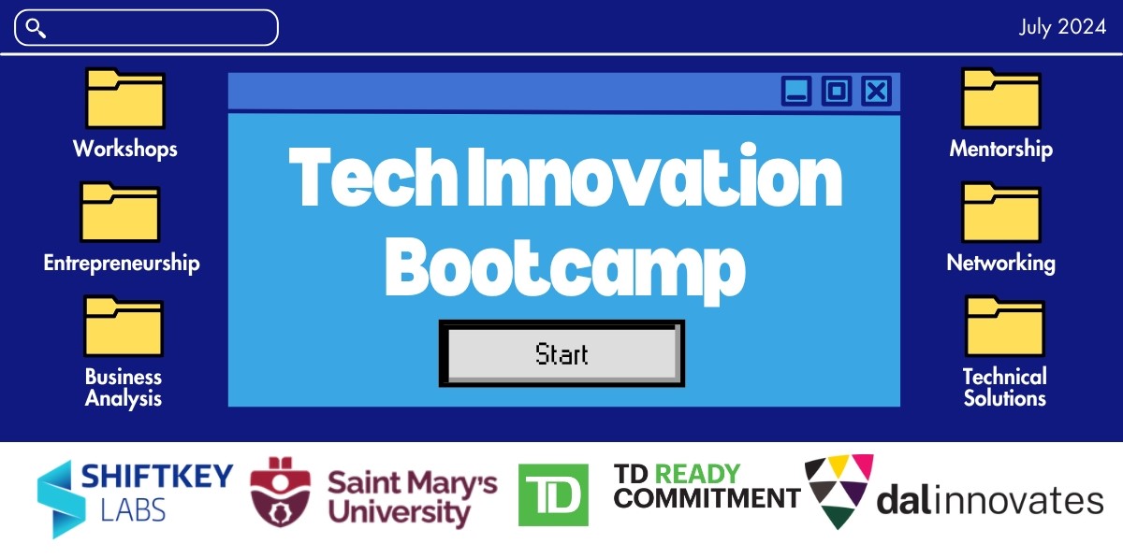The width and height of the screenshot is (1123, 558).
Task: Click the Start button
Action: click(x=561, y=354)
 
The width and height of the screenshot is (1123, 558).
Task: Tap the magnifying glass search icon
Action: click(x=36, y=28)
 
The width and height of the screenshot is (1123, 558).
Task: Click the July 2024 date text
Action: click(x=1062, y=28)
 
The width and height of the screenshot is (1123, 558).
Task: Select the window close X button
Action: click(x=876, y=91)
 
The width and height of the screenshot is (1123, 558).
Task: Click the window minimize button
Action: click(x=796, y=91)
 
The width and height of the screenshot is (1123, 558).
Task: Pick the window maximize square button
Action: click(x=837, y=91)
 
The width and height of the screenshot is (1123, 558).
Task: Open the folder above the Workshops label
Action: click(x=125, y=99)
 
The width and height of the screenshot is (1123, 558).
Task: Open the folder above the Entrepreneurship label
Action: click(x=121, y=212)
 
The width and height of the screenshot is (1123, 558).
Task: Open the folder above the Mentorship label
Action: click(x=1001, y=99)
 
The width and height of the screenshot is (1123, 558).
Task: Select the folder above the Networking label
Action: click(x=1001, y=212)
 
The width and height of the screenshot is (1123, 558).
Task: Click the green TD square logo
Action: click(x=553, y=494)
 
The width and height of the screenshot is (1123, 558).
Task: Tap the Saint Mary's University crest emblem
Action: click(x=281, y=493)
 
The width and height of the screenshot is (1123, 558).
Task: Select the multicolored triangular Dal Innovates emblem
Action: click(x=839, y=491)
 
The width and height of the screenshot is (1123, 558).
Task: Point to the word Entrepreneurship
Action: click(x=122, y=264)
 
